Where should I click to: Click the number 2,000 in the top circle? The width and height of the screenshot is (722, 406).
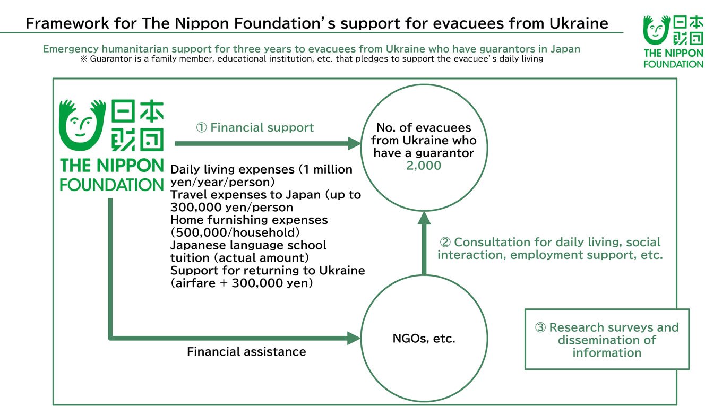click(x=424, y=166)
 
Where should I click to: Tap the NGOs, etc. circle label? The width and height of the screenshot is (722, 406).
click(x=424, y=338)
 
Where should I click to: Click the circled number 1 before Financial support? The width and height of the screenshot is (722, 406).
click(x=202, y=128)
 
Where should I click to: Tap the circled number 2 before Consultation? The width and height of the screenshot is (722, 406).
click(x=445, y=243)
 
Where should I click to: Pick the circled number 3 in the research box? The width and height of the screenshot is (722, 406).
click(x=540, y=328)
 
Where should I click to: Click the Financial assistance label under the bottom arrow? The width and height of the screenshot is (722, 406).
click(x=246, y=351)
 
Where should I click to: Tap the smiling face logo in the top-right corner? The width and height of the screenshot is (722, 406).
click(x=656, y=30)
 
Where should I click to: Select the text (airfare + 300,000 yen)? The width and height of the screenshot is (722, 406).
click(x=242, y=283)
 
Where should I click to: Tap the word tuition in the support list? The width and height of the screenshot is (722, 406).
click(x=190, y=258)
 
